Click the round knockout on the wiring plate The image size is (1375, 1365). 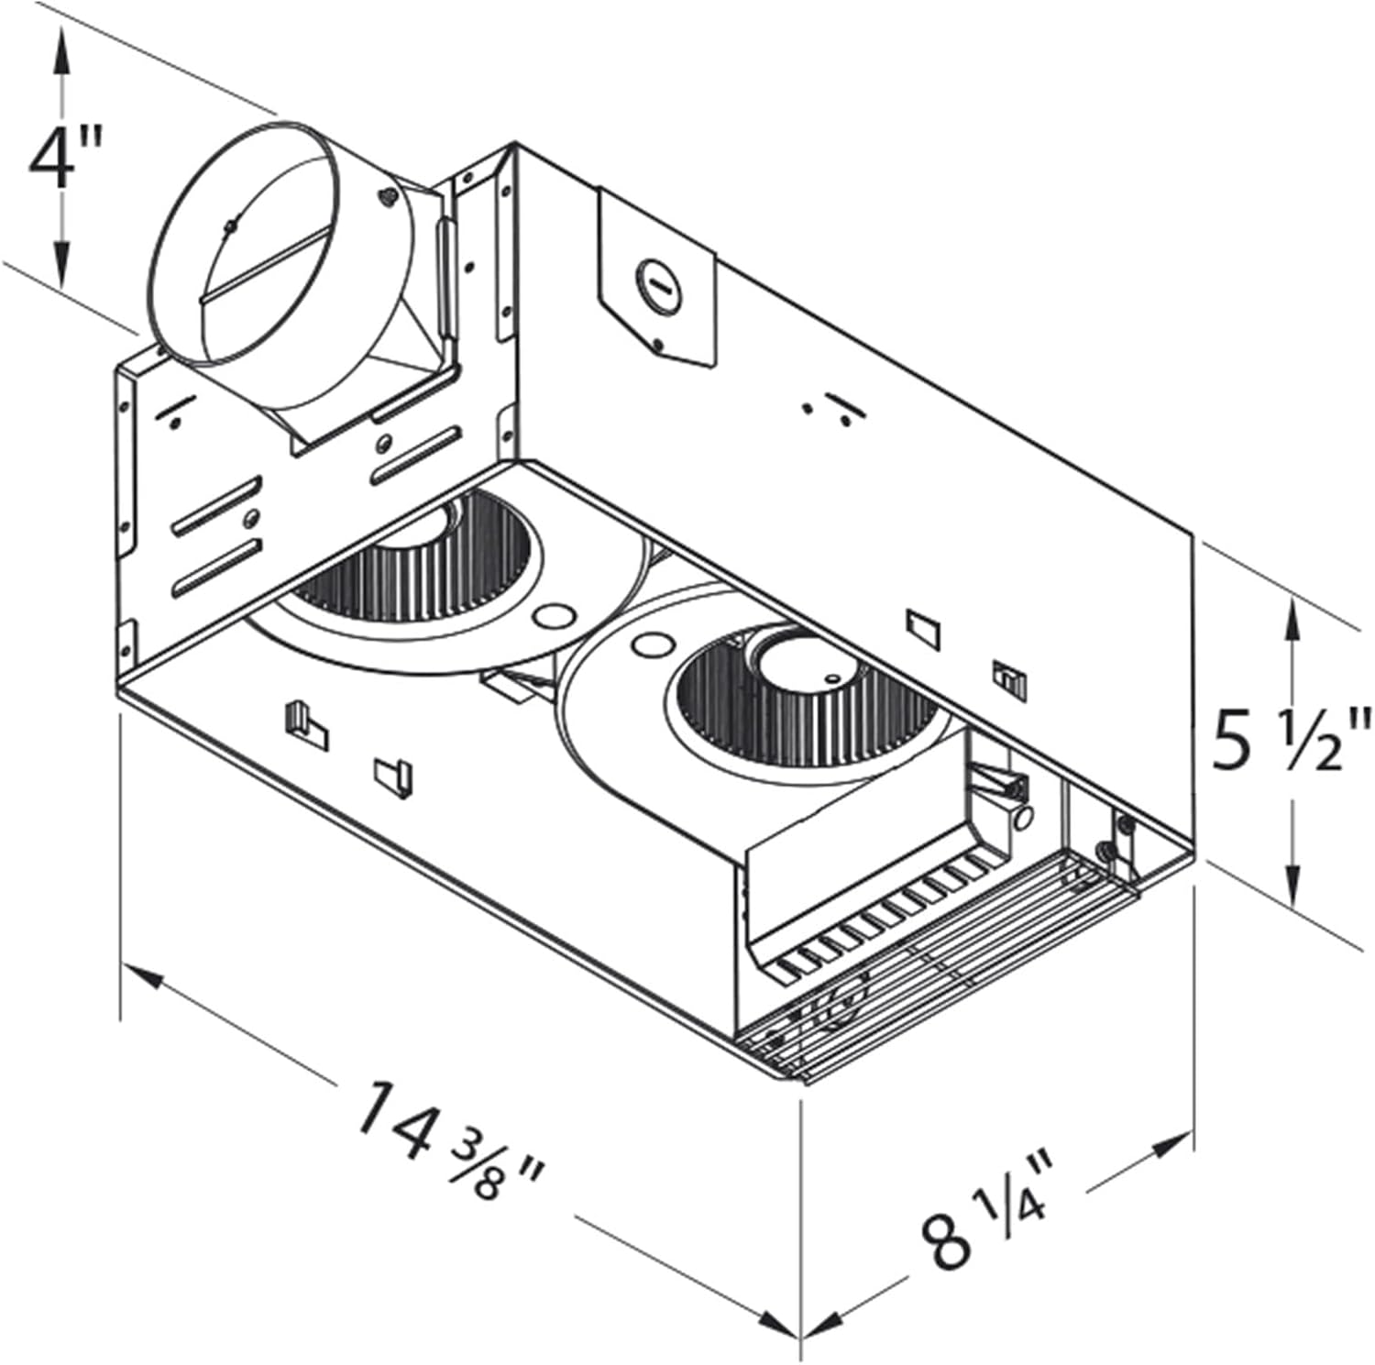[x=657, y=279]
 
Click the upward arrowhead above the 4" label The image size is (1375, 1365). [x=61, y=46]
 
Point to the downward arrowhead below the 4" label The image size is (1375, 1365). [x=61, y=266]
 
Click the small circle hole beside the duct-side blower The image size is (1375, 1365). [x=552, y=614]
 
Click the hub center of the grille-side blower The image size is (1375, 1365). [x=794, y=662]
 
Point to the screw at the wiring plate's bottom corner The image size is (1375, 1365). [x=658, y=346]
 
